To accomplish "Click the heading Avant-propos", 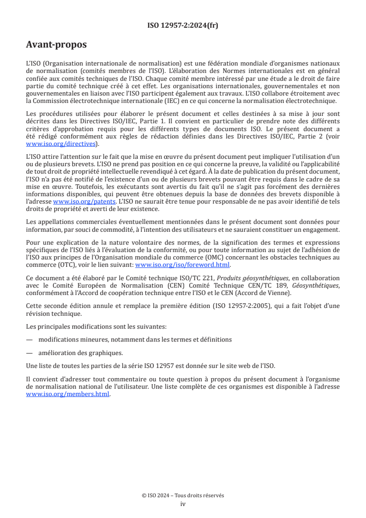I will [56, 45].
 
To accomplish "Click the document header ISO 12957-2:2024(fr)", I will [183, 25].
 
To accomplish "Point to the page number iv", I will [183, 504].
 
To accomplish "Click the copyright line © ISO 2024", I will [183, 495].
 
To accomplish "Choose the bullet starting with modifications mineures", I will [135, 339].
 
